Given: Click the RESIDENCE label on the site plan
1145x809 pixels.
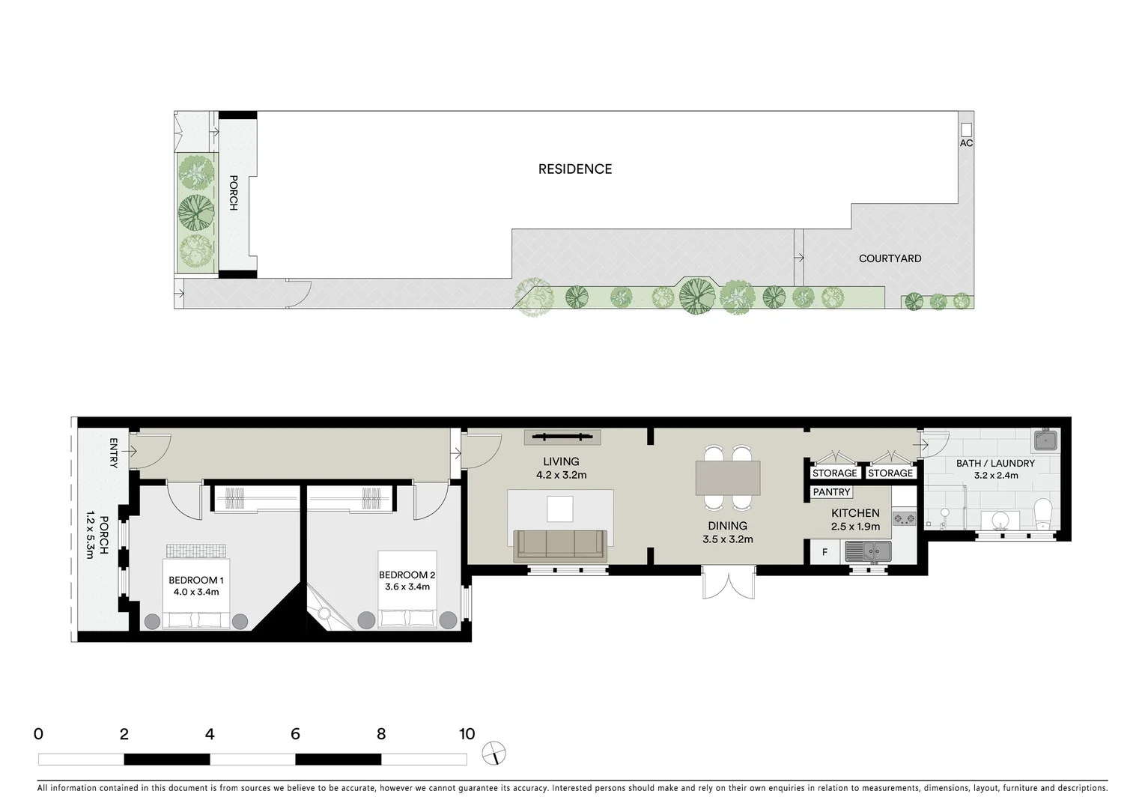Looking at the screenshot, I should pyautogui.click(x=575, y=169).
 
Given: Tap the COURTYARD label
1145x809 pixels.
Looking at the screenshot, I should pyautogui.click(x=890, y=258).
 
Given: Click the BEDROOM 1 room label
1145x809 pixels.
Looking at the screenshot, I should pyautogui.click(x=195, y=580).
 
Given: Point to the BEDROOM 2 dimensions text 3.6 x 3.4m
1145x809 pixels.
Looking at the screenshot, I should pyautogui.click(x=407, y=587).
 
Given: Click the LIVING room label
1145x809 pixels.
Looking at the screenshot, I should pyautogui.click(x=561, y=461).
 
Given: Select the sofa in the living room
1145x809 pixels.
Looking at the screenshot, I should pyautogui.click(x=560, y=545).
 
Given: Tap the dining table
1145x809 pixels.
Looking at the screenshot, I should pyautogui.click(x=728, y=477).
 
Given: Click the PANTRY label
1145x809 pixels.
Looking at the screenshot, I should pyautogui.click(x=831, y=492).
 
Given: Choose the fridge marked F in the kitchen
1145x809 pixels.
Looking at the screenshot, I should pyautogui.click(x=825, y=553).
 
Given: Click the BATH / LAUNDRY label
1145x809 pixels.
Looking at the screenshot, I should pyautogui.click(x=995, y=464).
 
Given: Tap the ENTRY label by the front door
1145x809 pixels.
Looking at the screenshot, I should pyautogui.click(x=114, y=453).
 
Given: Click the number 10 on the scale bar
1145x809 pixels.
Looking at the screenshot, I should pyautogui.click(x=467, y=734).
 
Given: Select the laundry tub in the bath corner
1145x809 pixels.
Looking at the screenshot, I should pyautogui.click(x=1045, y=440).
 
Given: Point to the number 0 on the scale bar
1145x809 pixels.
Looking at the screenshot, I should pyautogui.click(x=39, y=734).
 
